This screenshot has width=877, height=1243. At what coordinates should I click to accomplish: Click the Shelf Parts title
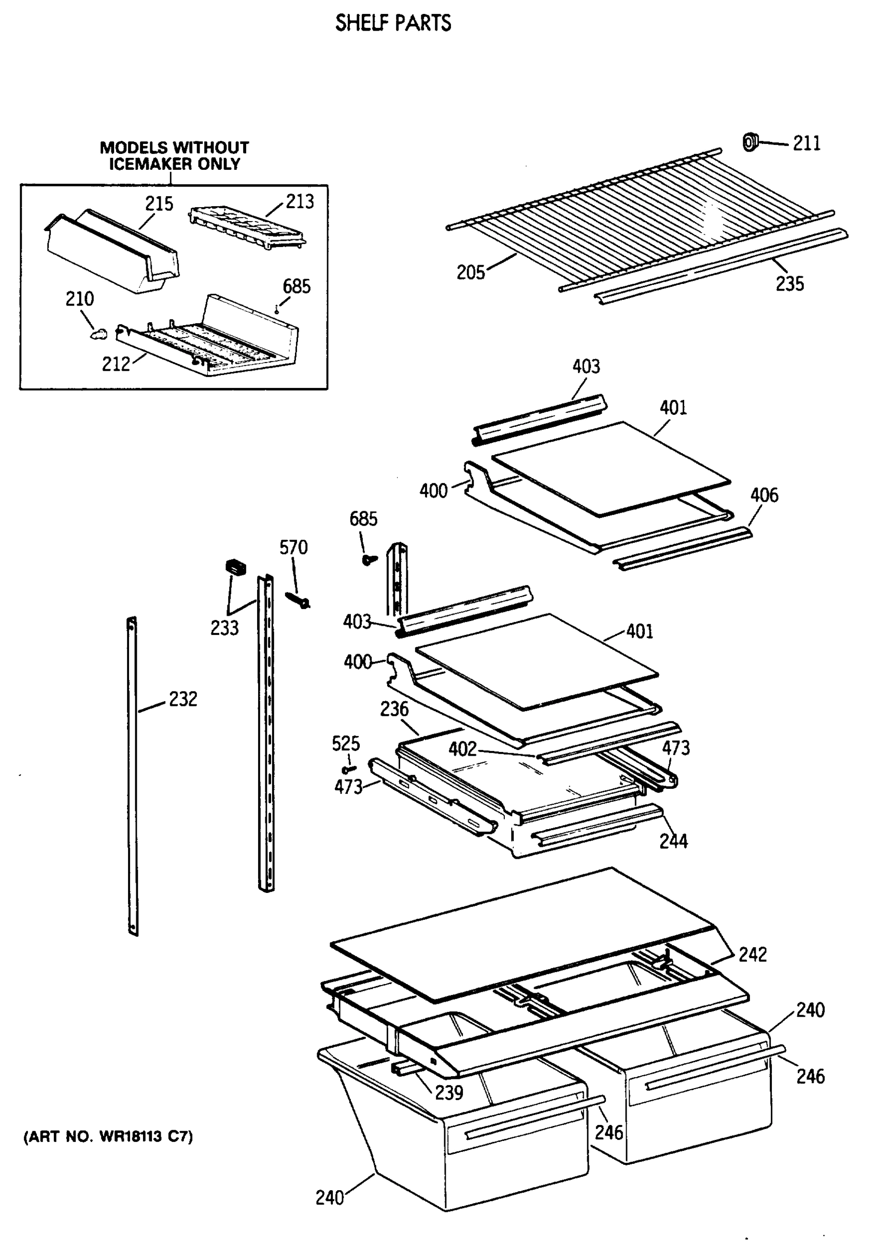[x=393, y=23]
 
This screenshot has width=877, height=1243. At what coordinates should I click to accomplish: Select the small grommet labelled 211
[x=749, y=142]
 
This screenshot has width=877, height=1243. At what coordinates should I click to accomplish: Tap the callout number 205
[x=470, y=272]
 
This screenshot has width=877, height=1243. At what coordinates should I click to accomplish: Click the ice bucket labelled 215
[x=111, y=252]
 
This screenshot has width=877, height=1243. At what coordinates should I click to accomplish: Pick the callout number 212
[x=116, y=364]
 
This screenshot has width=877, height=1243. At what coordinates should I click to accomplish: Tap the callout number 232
[x=182, y=699]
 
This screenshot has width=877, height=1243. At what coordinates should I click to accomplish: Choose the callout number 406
[x=764, y=495]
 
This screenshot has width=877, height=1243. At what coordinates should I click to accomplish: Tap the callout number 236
[x=394, y=709]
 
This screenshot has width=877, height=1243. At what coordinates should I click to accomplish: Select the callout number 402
[x=462, y=749]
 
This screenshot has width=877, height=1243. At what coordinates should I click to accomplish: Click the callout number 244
[x=673, y=841]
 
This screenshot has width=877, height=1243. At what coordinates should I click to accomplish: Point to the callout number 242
[x=753, y=955]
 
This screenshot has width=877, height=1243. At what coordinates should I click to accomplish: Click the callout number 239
[x=448, y=1092]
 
